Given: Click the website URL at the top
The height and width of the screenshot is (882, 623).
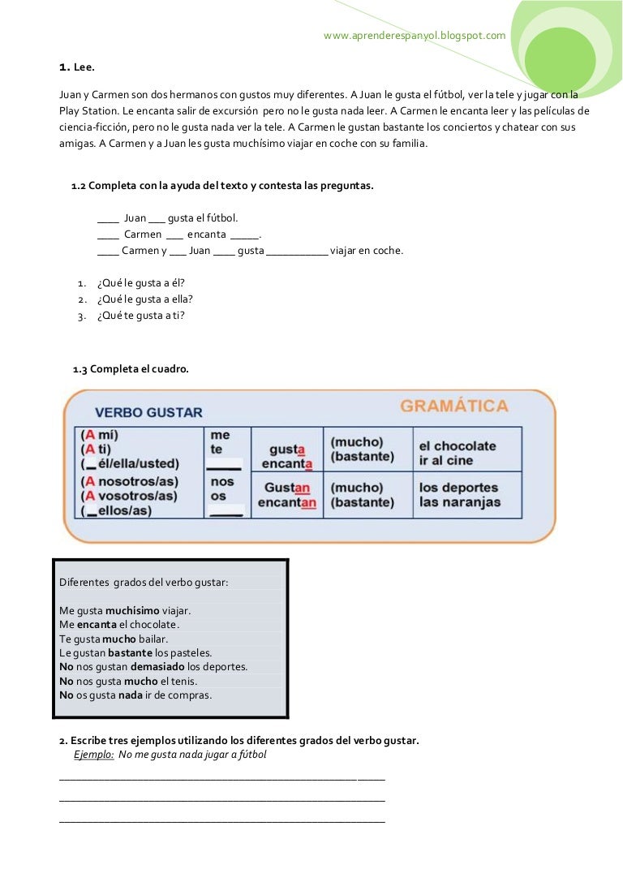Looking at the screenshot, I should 415,36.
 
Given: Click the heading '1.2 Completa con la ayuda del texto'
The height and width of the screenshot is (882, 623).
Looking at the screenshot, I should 222,186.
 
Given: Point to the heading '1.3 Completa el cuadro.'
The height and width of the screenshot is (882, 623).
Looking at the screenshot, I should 131,369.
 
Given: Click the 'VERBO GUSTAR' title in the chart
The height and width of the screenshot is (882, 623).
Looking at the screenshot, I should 148,412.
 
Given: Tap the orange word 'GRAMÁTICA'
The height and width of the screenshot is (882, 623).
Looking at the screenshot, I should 454,406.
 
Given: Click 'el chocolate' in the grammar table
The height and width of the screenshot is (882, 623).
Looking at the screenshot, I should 457,446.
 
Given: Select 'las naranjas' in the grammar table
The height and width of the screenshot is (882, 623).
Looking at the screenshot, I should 459,502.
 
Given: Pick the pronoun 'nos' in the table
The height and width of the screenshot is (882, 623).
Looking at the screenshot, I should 221,481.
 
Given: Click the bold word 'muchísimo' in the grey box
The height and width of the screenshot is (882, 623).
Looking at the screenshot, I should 132,610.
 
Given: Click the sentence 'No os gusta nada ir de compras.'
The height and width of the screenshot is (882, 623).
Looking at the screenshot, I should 135,695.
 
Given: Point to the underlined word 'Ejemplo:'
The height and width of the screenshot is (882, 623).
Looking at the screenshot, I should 93,755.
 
